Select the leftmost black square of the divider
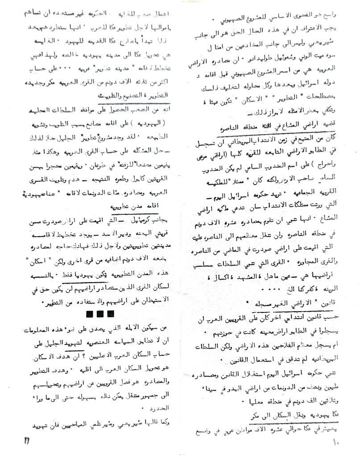pos(91,314)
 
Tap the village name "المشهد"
pos(256,276)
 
